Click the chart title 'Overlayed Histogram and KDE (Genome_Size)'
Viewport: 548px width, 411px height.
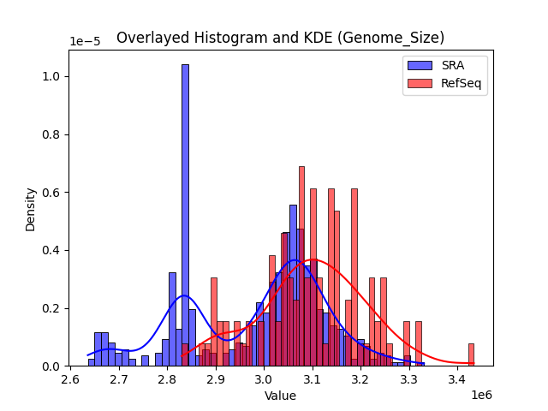(280, 38)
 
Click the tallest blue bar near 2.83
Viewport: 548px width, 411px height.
(185, 214)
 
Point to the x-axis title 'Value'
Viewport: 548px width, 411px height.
(280, 396)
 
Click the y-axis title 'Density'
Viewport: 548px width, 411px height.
(31, 208)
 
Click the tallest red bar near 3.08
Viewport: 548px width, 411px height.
(301, 265)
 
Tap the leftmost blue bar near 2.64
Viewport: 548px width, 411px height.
(92, 362)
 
